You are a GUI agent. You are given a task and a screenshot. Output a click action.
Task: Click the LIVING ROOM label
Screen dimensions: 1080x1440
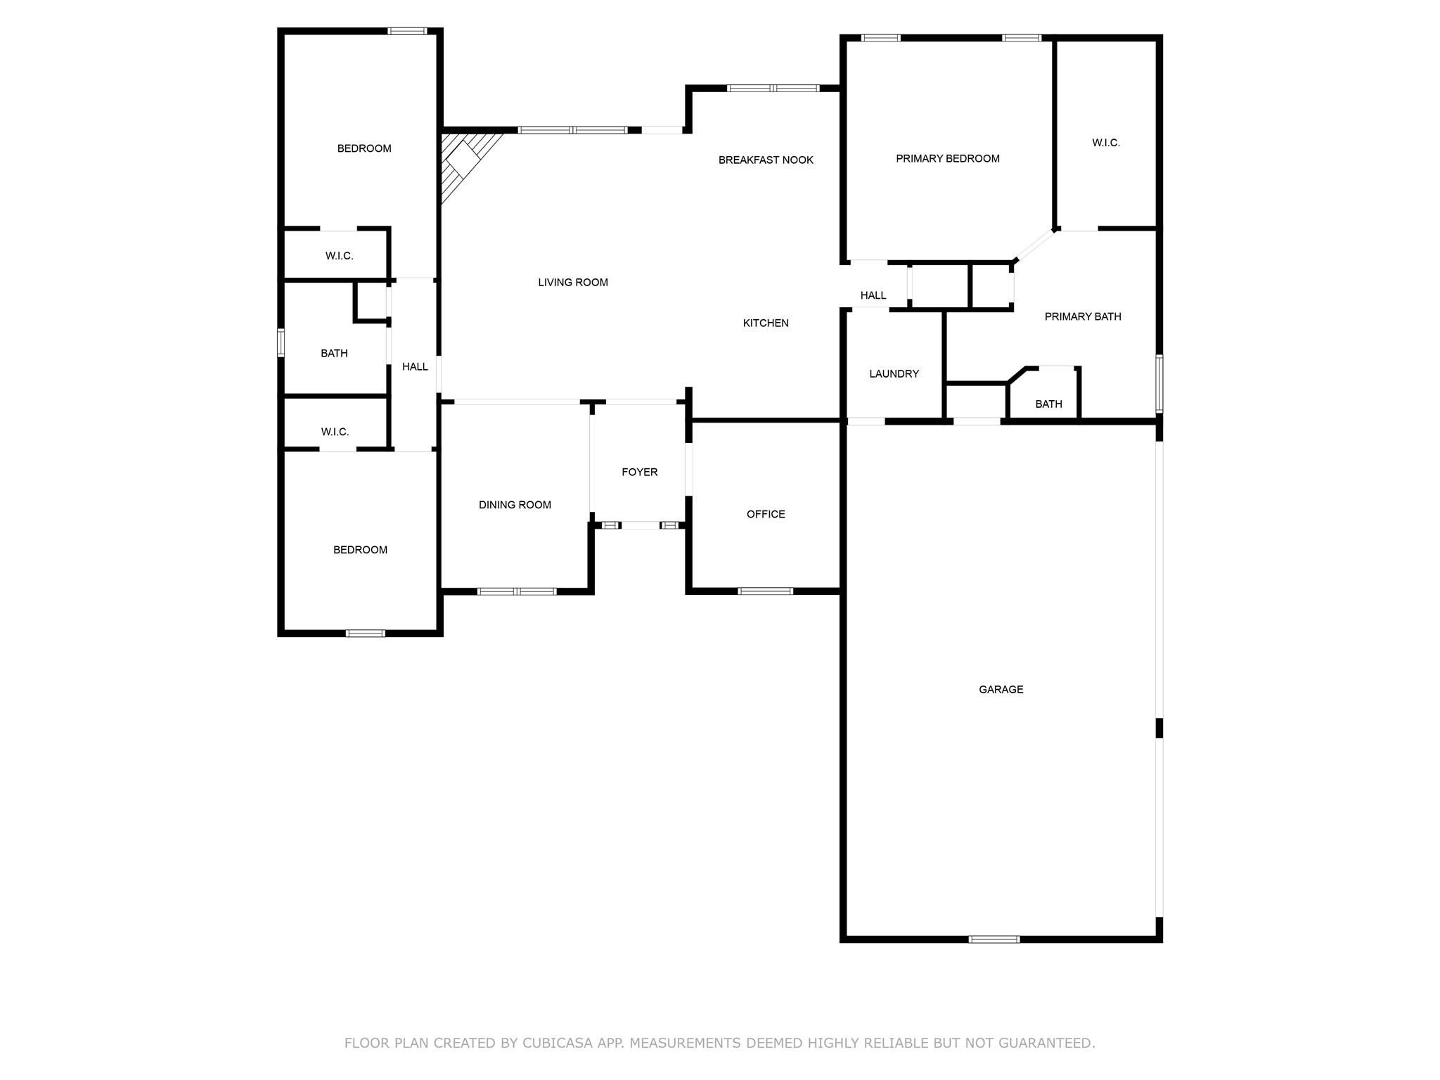[x=572, y=283]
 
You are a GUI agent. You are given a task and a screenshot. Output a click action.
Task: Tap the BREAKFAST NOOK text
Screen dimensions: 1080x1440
[x=766, y=160]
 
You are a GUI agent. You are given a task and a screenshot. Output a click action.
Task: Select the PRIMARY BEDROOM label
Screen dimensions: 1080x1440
[x=947, y=159]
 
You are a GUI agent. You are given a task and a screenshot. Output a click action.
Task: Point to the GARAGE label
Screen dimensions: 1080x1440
[x=1001, y=690]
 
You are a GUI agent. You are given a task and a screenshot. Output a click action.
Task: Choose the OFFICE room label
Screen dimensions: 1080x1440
[x=766, y=515]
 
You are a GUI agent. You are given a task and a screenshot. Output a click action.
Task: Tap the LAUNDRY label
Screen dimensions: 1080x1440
[x=894, y=374]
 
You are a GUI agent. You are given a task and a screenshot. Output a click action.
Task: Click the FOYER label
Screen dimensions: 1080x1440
[x=639, y=472]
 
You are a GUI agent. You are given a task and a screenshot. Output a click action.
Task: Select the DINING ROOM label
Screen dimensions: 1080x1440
[x=515, y=505]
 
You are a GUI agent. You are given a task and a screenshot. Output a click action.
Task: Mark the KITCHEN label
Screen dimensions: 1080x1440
[x=766, y=323]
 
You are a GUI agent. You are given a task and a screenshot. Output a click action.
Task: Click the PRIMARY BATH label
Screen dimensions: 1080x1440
[x=1082, y=317]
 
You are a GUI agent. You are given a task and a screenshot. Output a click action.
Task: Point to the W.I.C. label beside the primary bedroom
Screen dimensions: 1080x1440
[x=1105, y=143]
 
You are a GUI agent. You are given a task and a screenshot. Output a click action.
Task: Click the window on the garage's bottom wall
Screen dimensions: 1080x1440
[x=994, y=939]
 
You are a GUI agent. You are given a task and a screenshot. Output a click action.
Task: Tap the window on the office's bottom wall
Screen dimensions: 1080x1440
[x=765, y=591]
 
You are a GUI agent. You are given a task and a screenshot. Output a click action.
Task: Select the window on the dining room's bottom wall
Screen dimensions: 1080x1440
[x=517, y=591]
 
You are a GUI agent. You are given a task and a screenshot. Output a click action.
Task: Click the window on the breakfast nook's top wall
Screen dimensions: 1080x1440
[x=773, y=89]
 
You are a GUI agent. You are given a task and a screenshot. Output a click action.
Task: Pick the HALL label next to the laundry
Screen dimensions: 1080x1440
[x=873, y=295]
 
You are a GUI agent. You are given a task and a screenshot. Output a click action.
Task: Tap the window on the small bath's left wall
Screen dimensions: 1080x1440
[x=281, y=342]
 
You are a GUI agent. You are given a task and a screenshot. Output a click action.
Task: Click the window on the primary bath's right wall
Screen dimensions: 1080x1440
[x=1159, y=383]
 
